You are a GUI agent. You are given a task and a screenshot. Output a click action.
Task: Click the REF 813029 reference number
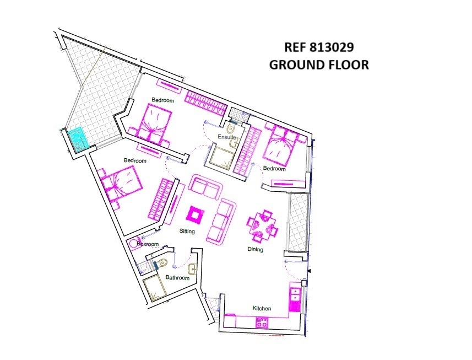point(319,47)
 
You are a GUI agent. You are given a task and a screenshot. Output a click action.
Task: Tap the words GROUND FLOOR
point(319,65)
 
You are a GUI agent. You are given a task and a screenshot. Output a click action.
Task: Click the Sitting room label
point(187,232)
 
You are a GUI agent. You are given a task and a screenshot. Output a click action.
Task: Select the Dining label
point(255,249)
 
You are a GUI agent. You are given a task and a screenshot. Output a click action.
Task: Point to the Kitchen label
point(262,308)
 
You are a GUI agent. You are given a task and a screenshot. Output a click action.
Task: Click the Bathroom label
point(177,277)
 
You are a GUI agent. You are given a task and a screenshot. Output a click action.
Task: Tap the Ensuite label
point(227,137)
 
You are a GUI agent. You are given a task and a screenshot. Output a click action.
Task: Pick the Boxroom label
point(148,244)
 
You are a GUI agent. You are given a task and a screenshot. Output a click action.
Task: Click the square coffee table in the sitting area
point(196,215)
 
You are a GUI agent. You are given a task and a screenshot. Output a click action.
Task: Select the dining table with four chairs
point(262,225)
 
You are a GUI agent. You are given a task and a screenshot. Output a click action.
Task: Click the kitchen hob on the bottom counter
point(261,323)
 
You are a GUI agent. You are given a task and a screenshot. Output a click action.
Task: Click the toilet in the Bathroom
point(162,262)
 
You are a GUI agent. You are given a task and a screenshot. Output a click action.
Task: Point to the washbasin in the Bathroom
point(192,268)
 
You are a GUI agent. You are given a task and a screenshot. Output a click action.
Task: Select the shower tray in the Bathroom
point(154,288)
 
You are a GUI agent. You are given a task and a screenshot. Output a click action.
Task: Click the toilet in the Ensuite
point(231,128)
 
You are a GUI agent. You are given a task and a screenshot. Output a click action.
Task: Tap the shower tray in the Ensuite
point(221,157)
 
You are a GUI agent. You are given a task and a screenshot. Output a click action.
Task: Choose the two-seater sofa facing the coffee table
point(205,187)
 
